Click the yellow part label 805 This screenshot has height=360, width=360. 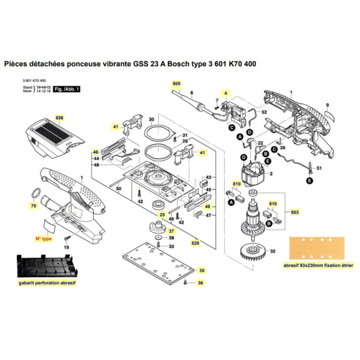click(176, 84)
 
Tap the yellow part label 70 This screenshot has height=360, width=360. click(33, 207)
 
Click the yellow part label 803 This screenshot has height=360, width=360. click(295, 212)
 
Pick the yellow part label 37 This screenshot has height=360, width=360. click(162, 230)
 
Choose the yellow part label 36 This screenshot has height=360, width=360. click(201, 283)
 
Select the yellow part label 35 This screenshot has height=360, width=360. click(201, 271)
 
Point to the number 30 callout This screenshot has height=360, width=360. click(152, 120)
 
